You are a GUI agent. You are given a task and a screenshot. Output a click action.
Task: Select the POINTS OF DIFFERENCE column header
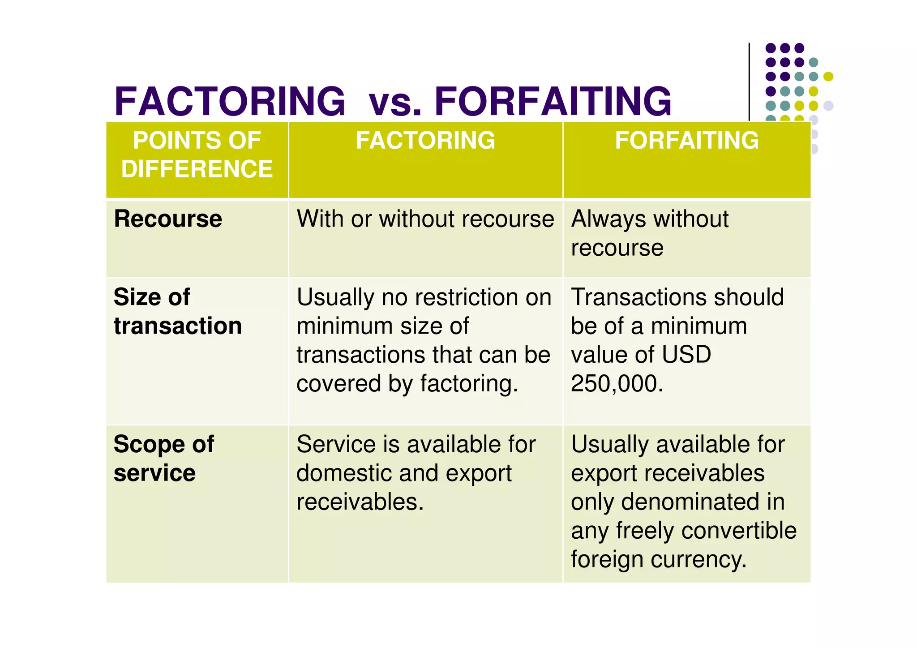(x=197, y=154)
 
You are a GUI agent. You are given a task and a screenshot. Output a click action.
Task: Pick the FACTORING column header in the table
(x=425, y=140)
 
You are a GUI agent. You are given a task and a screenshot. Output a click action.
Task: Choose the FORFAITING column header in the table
(x=687, y=140)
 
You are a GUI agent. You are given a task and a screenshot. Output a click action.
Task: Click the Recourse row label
(x=168, y=219)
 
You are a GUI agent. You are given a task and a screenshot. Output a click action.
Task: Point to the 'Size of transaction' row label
(x=177, y=311)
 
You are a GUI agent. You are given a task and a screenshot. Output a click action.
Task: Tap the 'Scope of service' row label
(x=164, y=459)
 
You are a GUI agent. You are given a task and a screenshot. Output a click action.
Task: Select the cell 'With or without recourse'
(x=425, y=219)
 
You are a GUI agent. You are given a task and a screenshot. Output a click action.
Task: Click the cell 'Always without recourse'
(x=650, y=233)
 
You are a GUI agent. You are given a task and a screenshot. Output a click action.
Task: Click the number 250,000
(x=617, y=384)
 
